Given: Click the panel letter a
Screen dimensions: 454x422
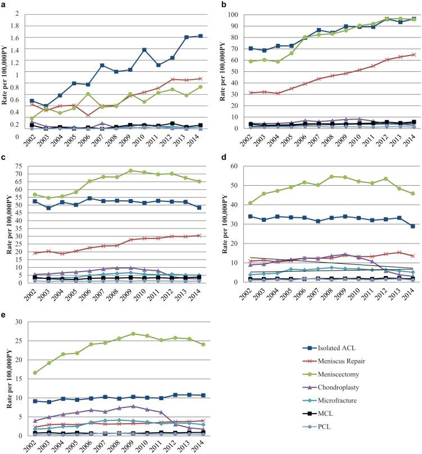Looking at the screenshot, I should (4, 4).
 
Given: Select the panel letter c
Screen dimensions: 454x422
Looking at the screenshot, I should (4, 157).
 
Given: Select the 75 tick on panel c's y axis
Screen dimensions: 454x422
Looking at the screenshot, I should (21, 166).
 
